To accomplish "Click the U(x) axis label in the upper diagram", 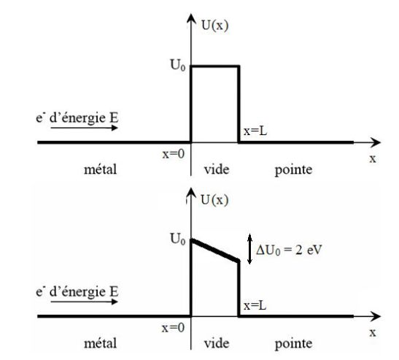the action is (214, 26).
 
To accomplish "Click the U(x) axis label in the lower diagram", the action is (214, 200).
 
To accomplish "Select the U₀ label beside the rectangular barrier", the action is (177, 65).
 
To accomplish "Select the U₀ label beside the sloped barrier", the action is (177, 240).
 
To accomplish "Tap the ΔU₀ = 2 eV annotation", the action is (289, 250).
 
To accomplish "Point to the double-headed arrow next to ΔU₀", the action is (250, 249).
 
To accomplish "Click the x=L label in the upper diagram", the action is (255, 131).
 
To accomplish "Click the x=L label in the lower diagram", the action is (255, 305).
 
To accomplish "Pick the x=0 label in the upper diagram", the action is (174, 154).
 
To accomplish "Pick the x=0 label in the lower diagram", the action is (173, 328).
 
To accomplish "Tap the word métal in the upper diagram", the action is (100, 169).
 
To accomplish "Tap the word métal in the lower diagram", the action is (100, 343).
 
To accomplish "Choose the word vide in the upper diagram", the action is (217, 169).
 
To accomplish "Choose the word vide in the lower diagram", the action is (217, 343).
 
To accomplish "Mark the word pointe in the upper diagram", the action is (293, 170).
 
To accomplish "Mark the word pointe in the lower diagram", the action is (293, 344).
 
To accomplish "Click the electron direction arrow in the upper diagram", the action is (84, 127).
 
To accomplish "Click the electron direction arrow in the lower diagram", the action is (84, 302).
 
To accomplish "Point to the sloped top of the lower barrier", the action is (215, 250).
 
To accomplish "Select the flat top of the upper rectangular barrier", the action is (215, 66).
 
